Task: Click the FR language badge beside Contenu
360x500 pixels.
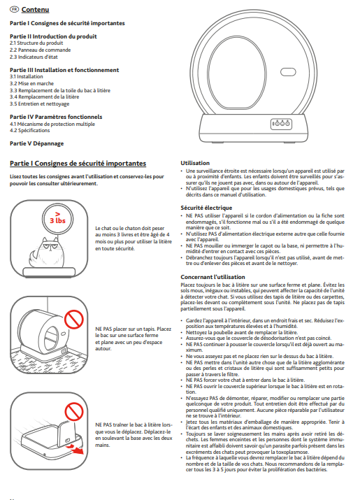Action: click(x=15, y=10)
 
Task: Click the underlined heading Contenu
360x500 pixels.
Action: click(x=35, y=10)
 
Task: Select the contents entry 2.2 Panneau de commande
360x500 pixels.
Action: click(x=40, y=50)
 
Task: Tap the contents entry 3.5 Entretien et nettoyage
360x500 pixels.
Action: click(x=40, y=103)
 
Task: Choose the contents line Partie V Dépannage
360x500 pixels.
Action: click(x=36, y=143)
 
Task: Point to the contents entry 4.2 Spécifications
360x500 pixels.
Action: click(x=29, y=131)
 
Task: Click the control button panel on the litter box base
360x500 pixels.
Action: click(x=281, y=124)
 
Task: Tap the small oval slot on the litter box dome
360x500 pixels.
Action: click(x=288, y=72)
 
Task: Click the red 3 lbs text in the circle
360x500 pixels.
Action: click(x=57, y=220)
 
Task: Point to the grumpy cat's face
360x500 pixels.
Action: click(x=50, y=246)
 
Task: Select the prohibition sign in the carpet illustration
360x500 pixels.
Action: click(x=74, y=319)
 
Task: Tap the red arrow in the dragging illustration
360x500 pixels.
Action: click(x=76, y=450)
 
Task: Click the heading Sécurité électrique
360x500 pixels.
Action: click(x=206, y=208)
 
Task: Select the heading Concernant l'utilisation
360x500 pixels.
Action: click(x=213, y=277)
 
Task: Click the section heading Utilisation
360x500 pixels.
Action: click(x=195, y=163)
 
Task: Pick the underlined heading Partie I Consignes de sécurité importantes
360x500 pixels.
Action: click(x=78, y=164)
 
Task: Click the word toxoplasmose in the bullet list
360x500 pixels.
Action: click(x=293, y=452)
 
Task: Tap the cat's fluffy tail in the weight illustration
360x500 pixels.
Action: click(x=34, y=257)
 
